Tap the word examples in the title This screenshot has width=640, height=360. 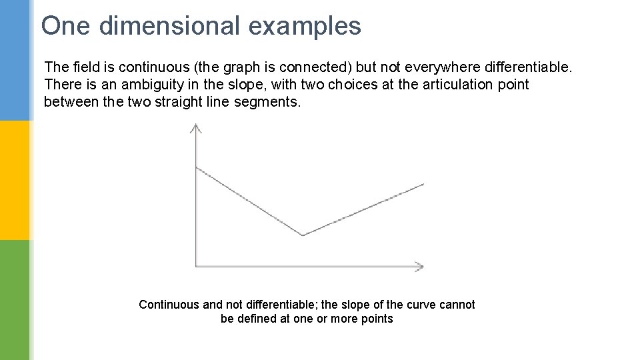[x=305, y=27]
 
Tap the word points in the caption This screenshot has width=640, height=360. [x=375, y=319]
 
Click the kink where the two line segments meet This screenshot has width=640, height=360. [x=303, y=235]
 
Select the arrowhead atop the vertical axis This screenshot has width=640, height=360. [x=195, y=127]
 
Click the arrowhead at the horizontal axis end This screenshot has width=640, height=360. [x=419, y=266]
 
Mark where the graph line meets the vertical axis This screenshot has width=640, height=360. [x=196, y=167]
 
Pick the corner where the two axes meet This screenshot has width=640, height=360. [x=196, y=266]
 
